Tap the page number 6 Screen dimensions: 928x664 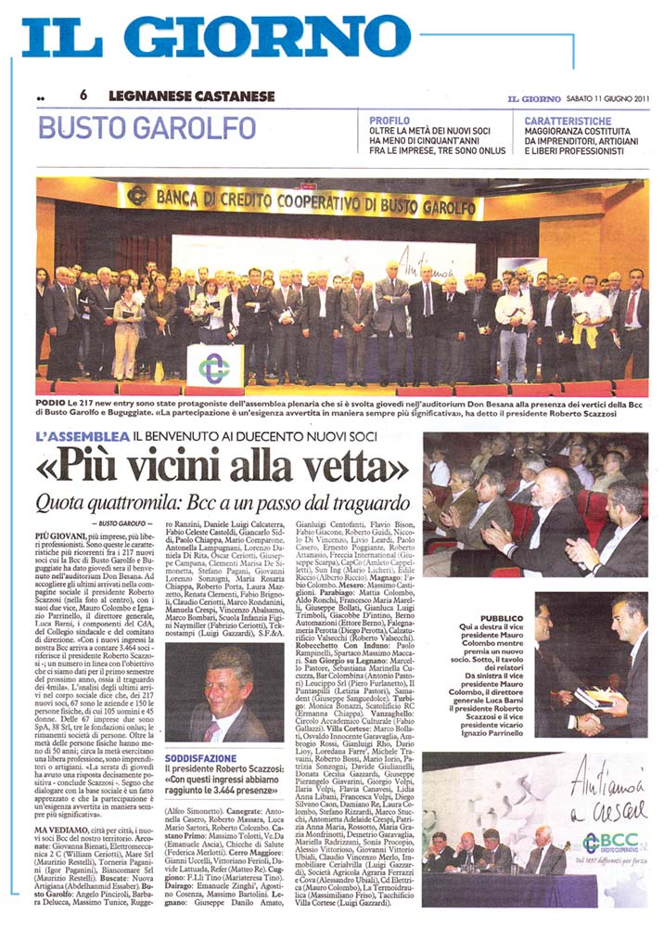(x=83, y=96)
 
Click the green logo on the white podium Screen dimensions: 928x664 (x=215, y=366)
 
